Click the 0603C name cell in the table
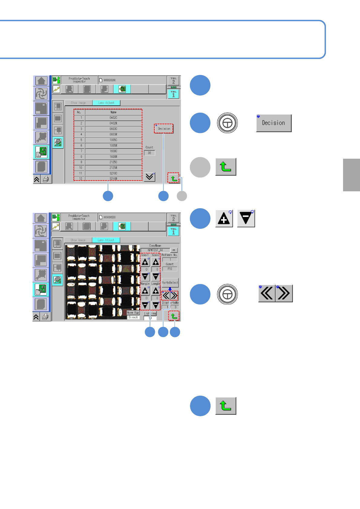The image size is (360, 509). [113, 129]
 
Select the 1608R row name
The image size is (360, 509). [113, 157]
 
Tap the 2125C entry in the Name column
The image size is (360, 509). [113, 162]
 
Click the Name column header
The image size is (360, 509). [113, 112]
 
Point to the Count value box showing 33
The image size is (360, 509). [149, 153]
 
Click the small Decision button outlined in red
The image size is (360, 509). [164, 128]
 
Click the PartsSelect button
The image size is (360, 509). [170, 283]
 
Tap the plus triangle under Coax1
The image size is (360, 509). [145, 262]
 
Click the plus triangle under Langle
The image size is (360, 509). [156, 291]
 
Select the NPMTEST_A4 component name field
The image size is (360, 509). [155, 250]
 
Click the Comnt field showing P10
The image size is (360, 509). [170, 269]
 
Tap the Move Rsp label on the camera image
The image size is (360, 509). [133, 313]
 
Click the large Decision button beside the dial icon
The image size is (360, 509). [274, 123]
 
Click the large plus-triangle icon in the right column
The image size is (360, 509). [224, 219]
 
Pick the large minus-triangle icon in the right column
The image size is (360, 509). [246, 219]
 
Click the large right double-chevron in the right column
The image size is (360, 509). [284, 293]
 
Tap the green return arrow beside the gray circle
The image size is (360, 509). [226, 167]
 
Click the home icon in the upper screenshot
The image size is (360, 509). [41, 81]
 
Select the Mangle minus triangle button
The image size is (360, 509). [145, 305]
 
